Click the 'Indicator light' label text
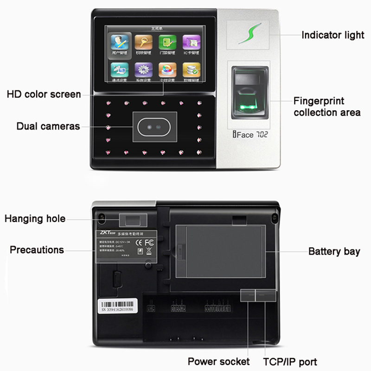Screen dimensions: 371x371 point(333,35)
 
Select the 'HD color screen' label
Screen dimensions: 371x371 point(44,95)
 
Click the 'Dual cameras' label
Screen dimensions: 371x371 point(48,126)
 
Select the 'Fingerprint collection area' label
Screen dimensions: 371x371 point(326,107)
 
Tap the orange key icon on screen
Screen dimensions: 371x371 point(143,43)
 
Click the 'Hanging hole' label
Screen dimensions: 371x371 point(35,218)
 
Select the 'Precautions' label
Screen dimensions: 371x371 point(37,250)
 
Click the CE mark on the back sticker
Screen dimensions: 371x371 point(138,241)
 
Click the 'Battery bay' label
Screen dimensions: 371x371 point(334,251)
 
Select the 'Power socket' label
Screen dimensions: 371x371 point(218,361)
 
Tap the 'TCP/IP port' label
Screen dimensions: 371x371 point(290,361)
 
